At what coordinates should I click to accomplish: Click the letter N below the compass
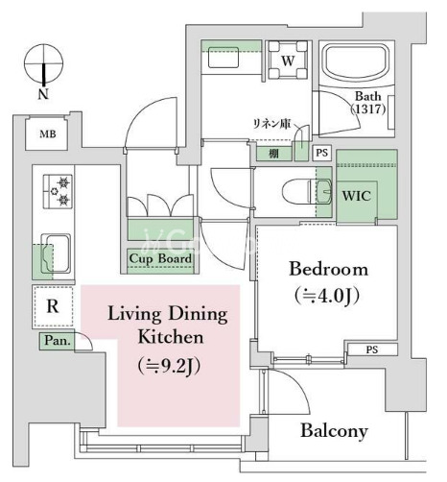[43, 94]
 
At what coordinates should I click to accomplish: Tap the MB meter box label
[48, 133]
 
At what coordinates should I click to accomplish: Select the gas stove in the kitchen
[58, 191]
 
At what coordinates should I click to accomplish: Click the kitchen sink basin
[56, 253]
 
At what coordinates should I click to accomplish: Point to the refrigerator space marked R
[53, 306]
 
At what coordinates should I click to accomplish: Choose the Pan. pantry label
[58, 340]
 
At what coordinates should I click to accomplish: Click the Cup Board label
[160, 258]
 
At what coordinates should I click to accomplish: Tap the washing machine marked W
[288, 60]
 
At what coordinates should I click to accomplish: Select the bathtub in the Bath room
[357, 63]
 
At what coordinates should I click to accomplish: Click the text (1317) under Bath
[368, 109]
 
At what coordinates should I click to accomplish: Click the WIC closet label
[357, 195]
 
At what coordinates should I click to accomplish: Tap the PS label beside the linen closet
[322, 153]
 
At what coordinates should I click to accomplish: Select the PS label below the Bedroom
[372, 349]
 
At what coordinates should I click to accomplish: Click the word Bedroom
[328, 270]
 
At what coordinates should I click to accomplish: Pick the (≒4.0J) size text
[327, 296]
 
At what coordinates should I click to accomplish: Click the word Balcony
[334, 431]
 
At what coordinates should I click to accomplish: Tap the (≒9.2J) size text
[170, 366]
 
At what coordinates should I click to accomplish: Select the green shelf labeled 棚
[273, 154]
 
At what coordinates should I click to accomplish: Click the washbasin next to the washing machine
[223, 58]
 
